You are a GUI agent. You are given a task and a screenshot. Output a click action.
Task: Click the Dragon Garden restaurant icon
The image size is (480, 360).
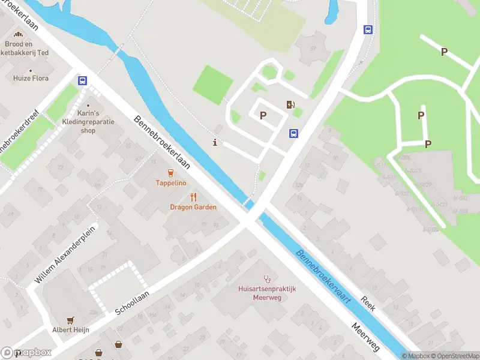click(193, 197)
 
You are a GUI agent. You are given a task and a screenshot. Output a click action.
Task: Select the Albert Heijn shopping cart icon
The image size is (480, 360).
click(71, 320)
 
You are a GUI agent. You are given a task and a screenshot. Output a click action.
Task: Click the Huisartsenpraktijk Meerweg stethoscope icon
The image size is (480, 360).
click(267, 279)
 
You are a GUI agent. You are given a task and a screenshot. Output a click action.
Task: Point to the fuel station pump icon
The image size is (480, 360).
click(291, 105)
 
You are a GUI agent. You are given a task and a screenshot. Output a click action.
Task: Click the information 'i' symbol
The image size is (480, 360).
click(215, 142)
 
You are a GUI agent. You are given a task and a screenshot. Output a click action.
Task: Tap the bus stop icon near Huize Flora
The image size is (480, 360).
click(82, 80)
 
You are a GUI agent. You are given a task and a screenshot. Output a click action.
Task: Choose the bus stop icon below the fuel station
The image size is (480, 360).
click(294, 133)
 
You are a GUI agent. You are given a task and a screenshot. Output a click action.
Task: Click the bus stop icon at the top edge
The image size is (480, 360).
click(368, 29)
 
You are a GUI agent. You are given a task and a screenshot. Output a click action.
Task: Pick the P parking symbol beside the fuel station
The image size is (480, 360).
click(263, 115)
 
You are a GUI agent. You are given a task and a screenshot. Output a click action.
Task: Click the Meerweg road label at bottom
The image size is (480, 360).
click(366, 337)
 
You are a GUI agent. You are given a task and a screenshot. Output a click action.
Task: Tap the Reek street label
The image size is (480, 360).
click(368, 303)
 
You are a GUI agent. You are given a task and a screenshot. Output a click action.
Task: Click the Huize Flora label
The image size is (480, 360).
click(31, 78)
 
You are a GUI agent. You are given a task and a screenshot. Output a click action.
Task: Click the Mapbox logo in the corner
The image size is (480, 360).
click(26, 353)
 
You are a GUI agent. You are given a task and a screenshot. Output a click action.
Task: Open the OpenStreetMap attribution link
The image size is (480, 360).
click(454, 356)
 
